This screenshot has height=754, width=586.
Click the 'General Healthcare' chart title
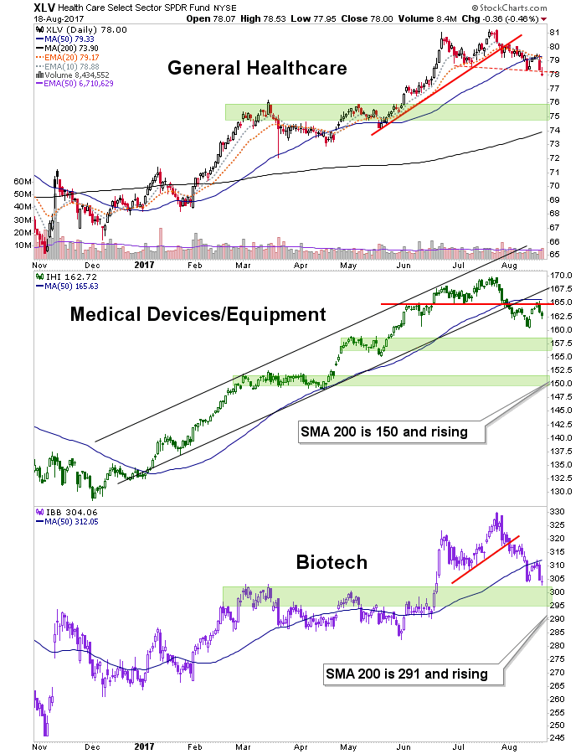(x=256, y=68)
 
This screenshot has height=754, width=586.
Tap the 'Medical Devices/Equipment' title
(x=197, y=314)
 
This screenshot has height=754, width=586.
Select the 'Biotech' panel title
(x=332, y=561)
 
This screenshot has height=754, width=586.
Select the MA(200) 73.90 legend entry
(x=64, y=49)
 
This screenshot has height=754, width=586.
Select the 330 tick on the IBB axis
(x=557, y=510)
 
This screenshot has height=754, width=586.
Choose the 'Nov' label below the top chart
(x=39, y=262)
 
